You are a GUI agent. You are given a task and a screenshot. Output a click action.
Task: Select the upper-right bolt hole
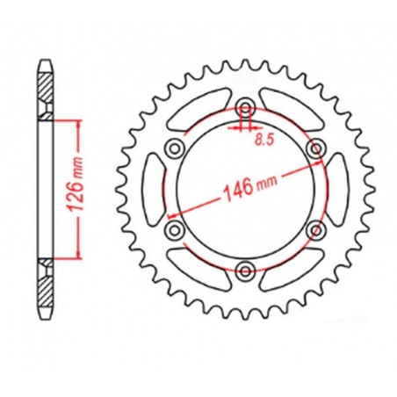(314, 149)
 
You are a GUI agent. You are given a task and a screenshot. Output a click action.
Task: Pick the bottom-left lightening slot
(198, 272)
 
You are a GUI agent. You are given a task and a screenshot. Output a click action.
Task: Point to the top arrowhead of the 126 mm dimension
(80, 125)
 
